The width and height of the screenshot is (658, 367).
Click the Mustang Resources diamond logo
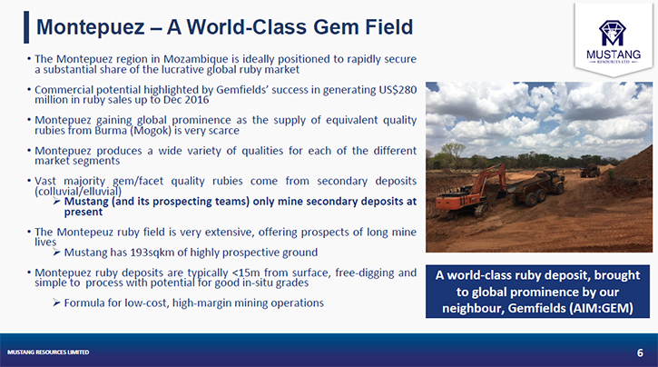click(x=613, y=33)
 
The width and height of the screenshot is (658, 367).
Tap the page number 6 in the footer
click(x=640, y=352)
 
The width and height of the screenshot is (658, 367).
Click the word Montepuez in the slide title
click(x=90, y=27)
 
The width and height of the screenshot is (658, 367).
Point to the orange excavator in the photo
click(x=471, y=190)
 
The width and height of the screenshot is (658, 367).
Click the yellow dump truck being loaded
click(x=536, y=187)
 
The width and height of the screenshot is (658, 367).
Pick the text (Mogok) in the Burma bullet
click(x=151, y=131)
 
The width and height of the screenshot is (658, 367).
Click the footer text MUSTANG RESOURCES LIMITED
click(x=48, y=352)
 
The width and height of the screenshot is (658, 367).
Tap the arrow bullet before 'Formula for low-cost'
click(x=56, y=303)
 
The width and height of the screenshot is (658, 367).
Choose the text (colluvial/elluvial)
click(x=78, y=192)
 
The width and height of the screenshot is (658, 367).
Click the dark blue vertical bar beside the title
click(x=26, y=27)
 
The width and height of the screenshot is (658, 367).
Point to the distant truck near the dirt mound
click(x=590, y=170)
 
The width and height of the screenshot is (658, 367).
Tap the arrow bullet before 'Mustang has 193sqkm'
click(x=56, y=252)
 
